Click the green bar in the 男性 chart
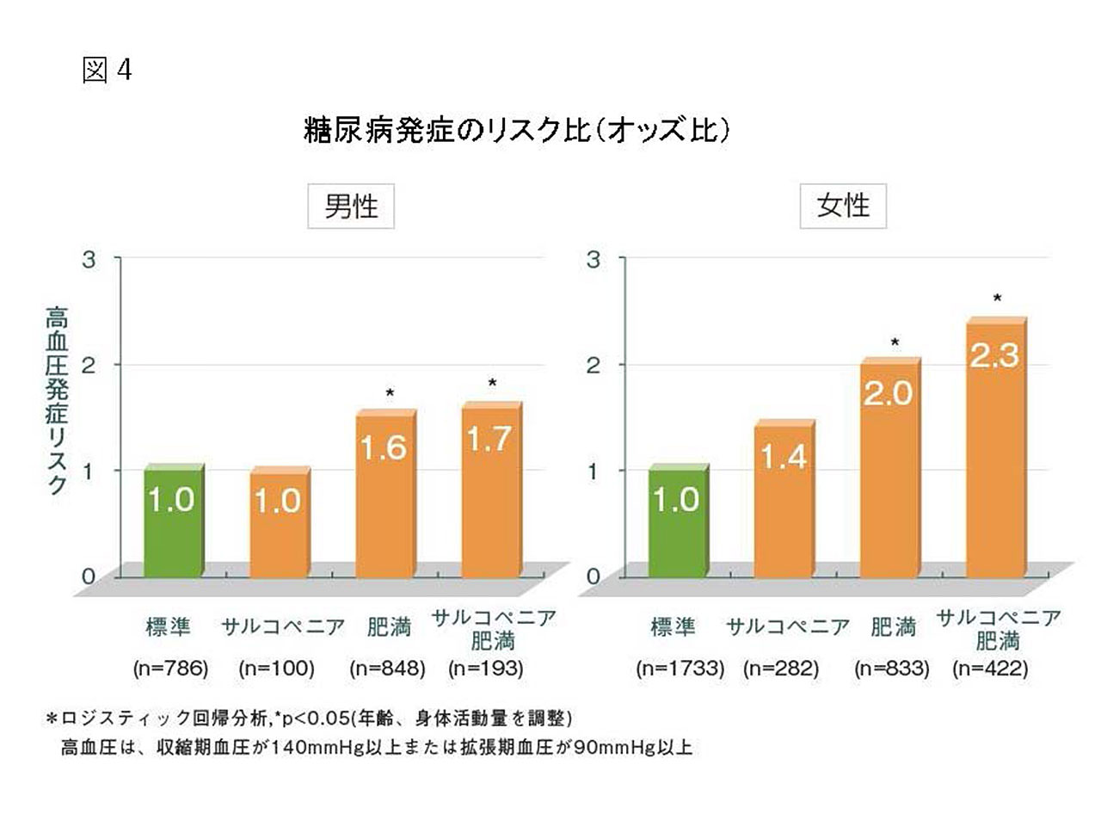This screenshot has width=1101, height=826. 172,521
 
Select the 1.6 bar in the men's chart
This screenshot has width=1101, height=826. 384,495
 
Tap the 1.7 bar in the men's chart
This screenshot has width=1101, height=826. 489,490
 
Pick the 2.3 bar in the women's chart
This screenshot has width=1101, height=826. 994,447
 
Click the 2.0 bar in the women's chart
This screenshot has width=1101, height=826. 889,469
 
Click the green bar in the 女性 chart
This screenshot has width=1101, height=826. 676,521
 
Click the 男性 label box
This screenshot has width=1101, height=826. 351,206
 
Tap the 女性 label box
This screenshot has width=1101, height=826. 843,206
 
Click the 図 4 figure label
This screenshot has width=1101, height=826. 107,70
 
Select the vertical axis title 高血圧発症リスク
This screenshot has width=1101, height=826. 57,401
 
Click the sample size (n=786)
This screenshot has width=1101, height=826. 170,669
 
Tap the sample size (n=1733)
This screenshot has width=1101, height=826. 680,669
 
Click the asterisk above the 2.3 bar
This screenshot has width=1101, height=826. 997,299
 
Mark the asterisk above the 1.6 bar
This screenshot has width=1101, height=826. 390,393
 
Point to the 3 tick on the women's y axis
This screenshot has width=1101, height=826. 594,259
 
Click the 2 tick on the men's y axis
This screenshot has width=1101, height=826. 89,365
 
